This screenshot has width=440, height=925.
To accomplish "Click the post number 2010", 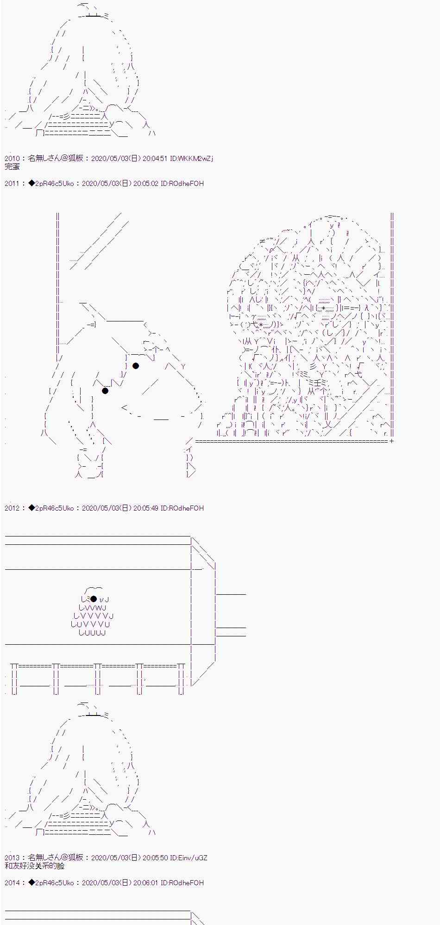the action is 12,159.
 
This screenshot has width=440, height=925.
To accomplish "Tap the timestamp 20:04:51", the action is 155,159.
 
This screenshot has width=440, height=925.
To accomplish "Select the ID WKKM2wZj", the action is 192,159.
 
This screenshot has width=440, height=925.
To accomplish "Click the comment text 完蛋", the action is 12,166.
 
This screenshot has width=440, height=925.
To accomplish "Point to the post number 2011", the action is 12,184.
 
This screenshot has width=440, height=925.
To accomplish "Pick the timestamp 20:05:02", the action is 146,184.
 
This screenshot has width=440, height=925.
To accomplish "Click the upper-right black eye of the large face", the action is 136,366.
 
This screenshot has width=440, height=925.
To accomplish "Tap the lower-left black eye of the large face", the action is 105,391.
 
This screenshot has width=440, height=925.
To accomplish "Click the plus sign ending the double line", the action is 391,441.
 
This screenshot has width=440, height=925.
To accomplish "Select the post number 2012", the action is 12,508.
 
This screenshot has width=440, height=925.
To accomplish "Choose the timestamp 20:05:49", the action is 146,508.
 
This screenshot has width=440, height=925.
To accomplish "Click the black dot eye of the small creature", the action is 94,599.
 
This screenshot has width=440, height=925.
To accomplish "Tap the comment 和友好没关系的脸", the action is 35,866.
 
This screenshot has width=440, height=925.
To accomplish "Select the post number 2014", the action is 12,883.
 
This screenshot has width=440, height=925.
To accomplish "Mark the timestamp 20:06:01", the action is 146,883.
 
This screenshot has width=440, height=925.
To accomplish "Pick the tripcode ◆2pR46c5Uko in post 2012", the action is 51,508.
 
